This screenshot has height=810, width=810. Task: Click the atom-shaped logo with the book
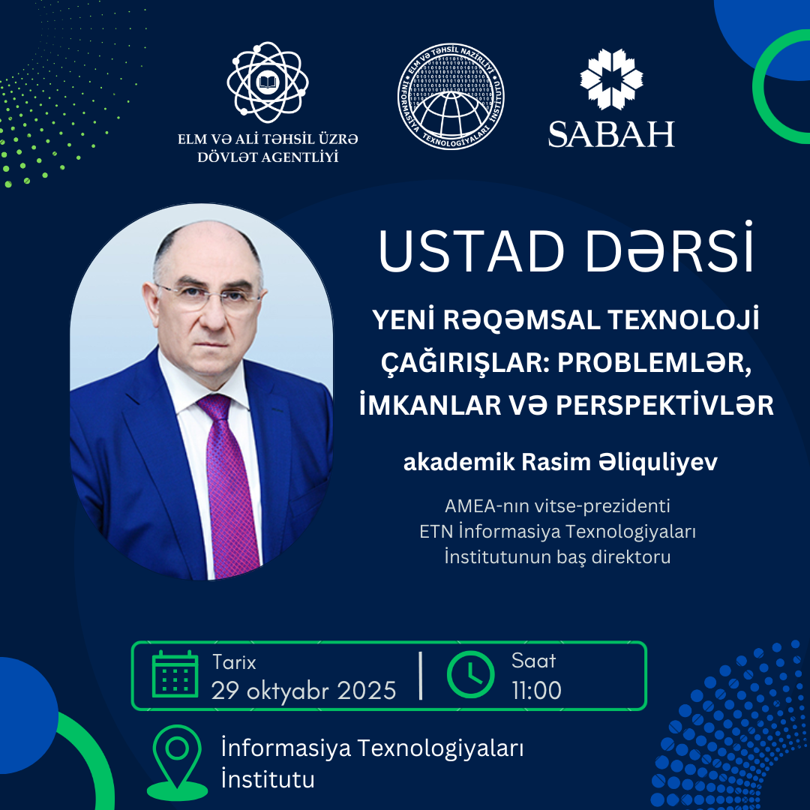[268, 82]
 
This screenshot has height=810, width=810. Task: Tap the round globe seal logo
[451, 97]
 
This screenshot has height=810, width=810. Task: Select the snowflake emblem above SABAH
[612, 79]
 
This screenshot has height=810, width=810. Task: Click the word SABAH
[612, 134]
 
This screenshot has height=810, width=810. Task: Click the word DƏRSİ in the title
[670, 248]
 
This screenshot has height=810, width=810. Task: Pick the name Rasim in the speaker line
[556, 462]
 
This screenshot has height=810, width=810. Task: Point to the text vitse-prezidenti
[601, 506]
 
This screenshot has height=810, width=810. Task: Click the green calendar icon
[175, 674]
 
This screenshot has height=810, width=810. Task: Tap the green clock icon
[470, 675]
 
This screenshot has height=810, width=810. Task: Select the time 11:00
[537, 690]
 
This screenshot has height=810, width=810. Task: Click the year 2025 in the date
[366, 691]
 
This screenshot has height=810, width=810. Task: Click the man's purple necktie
[229, 485]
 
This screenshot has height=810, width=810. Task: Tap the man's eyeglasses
[209, 296]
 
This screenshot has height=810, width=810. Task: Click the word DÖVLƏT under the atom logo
[225, 157]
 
